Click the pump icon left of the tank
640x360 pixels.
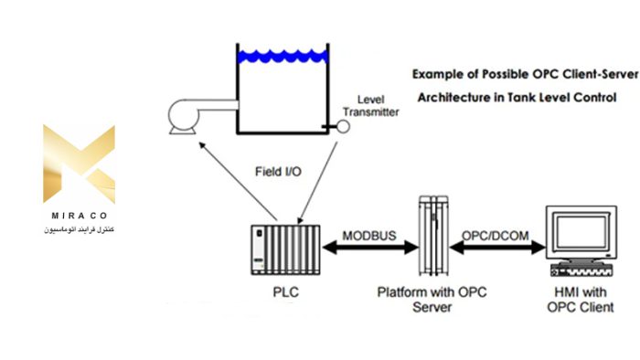[188, 114]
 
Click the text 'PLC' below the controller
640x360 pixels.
[286, 293]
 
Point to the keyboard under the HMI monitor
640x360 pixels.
[578, 271]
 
